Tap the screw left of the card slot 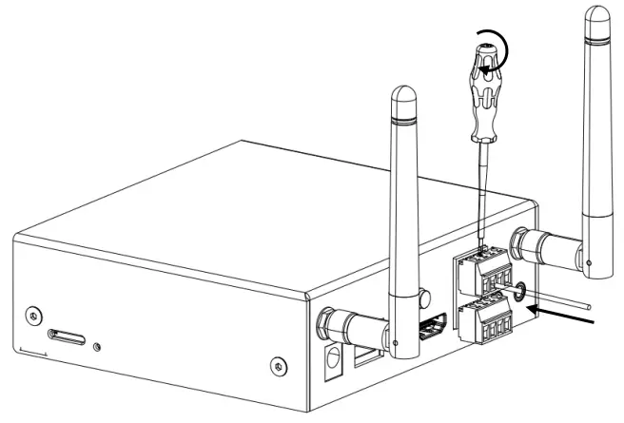click(34, 315)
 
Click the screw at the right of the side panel click(276, 364)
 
